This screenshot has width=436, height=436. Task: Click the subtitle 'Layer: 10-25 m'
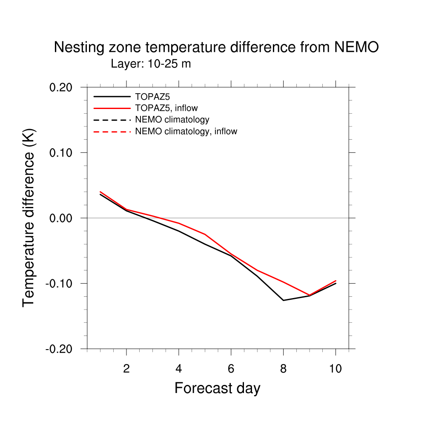click(x=151, y=64)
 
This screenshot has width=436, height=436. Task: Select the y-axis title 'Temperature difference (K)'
click(x=29, y=218)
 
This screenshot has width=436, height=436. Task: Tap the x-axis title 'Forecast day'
click(x=217, y=388)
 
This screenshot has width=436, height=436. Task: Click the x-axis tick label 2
click(x=126, y=369)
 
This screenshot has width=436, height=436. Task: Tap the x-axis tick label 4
click(x=179, y=369)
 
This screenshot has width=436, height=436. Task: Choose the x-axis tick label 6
click(x=231, y=369)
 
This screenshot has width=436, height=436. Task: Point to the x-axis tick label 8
click(x=284, y=369)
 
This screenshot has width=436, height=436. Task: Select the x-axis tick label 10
click(x=336, y=369)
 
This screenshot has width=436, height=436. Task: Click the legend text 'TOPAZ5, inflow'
click(x=166, y=108)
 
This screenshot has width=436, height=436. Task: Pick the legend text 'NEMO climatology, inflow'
click(x=186, y=132)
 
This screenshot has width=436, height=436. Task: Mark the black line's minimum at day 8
click(x=284, y=300)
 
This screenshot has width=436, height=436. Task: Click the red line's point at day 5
click(x=205, y=234)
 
